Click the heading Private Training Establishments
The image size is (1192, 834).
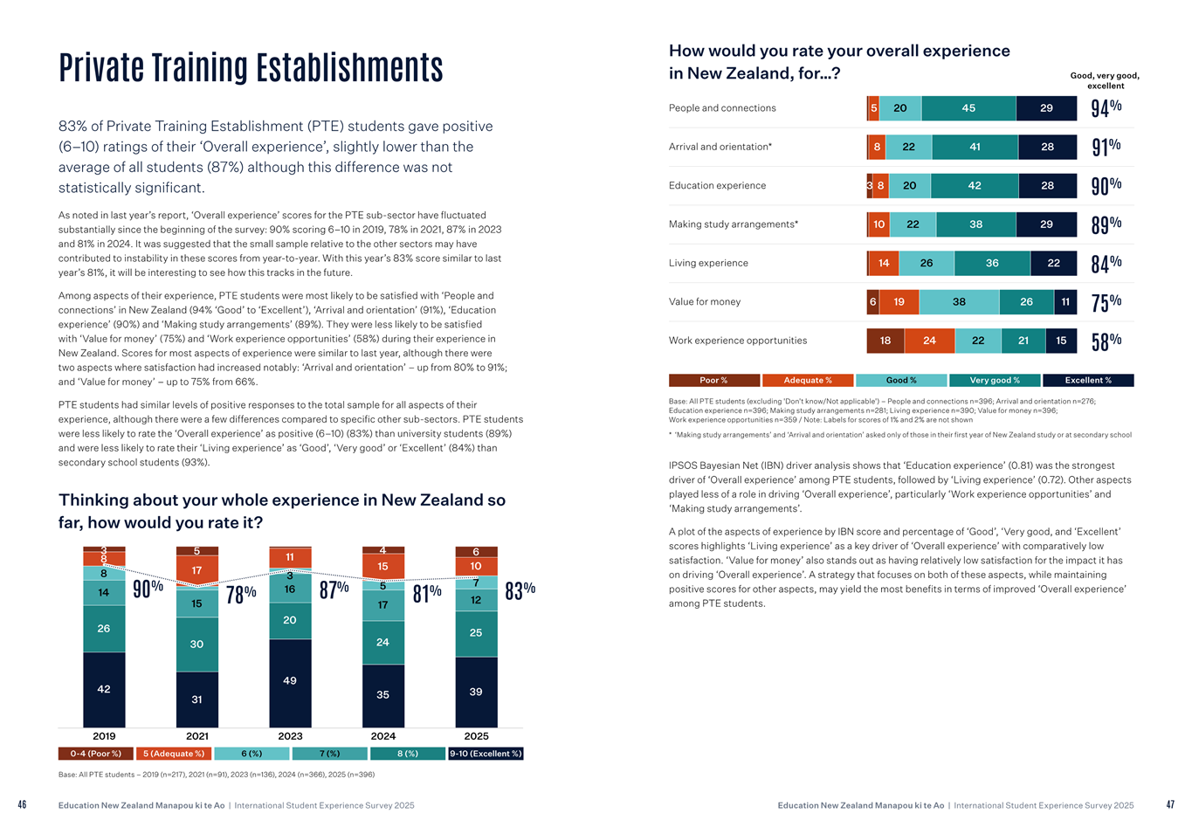251,68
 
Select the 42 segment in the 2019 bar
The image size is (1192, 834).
104,689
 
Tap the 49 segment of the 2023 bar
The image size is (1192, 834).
290,681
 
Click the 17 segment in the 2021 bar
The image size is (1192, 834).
196,570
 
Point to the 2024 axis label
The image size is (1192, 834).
383,736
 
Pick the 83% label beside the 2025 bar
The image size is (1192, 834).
520,590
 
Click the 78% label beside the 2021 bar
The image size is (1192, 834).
241,594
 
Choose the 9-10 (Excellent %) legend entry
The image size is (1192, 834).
486,754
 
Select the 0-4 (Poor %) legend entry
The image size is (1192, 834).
96,754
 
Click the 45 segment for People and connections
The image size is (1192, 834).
968,108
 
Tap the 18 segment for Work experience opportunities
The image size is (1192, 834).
885,341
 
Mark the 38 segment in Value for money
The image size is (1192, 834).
959,302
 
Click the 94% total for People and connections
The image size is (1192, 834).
1106,108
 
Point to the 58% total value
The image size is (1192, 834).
1106,341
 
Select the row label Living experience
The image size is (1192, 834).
708,263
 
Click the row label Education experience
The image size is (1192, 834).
717,185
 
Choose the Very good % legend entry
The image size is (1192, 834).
995,381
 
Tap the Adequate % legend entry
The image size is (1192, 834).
808,381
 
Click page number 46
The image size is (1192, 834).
22,805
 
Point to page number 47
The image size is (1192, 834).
1170,805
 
